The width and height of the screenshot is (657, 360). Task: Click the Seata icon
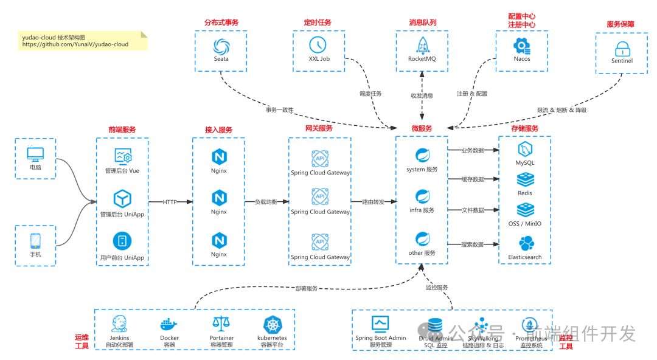click(x=221, y=46)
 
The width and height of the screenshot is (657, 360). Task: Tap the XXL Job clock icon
click(x=318, y=45)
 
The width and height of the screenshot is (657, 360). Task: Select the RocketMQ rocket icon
click(x=422, y=45)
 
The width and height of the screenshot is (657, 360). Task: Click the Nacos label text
click(x=521, y=59)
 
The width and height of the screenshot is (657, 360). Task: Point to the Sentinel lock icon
click(x=621, y=49)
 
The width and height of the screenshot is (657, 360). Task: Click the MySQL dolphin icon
click(x=525, y=150)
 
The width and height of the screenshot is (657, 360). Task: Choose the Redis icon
click(x=525, y=180)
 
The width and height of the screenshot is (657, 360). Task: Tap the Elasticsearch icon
click(x=525, y=243)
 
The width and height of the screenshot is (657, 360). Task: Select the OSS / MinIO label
click(x=525, y=224)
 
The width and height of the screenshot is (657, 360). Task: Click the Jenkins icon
click(x=119, y=324)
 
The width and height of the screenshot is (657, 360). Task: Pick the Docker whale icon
click(x=169, y=324)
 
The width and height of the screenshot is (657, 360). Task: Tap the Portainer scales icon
click(x=221, y=324)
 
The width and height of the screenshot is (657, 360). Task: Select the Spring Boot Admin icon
click(x=380, y=324)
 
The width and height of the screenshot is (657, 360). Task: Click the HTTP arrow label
click(x=170, y=202)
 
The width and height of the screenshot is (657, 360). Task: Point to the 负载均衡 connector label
click(x=265, y=202)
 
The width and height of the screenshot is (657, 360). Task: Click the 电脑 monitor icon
click(x=35, y=154)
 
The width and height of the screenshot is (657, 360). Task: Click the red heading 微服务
click(x=422, y=129)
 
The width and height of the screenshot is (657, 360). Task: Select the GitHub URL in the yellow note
click(x=75, y=44)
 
